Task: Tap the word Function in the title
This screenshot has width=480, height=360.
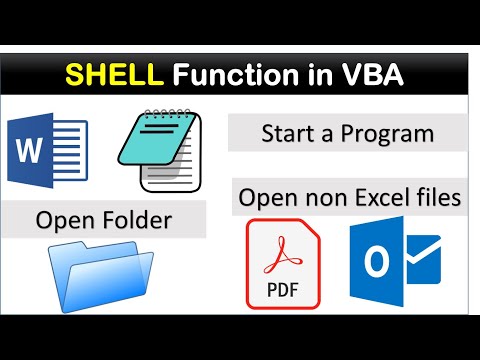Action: pyautogui.click(x=219, y=75)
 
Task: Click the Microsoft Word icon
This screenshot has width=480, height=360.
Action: pyautogui.click(x=47, y=151)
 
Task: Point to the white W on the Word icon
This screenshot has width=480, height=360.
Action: pyautogui.click(x=29, y=152)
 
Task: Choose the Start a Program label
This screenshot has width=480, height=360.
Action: pyautogui.click(x=346, y=133)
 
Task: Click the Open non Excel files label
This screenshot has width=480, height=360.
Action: pyautogui.click(x=350, y=198)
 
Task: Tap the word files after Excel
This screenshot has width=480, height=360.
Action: pyautogui.click(x=437, y=198)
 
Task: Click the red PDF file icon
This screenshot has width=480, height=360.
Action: pyautogui.click(x=283, y=264)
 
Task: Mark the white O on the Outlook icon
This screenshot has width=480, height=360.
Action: pyautogui.click(x=377, y=265)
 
